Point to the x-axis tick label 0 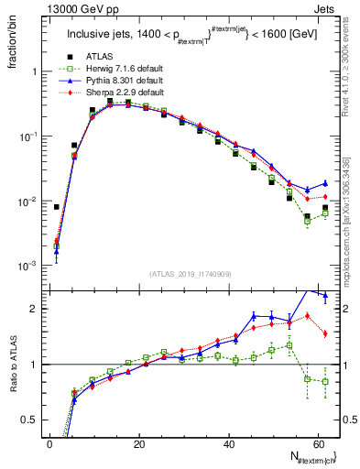click(49, 444)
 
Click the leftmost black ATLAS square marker click(56, 207)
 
